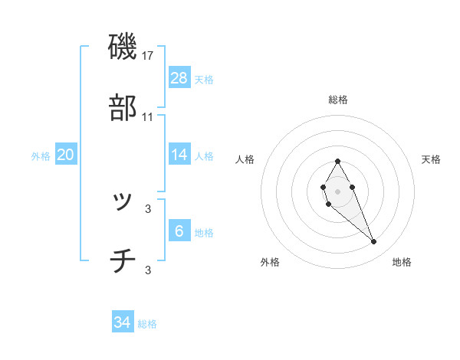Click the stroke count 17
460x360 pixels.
pyautogui.click(x=148, y=56)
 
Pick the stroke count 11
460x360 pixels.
pyautogui.click(x=148, y=116)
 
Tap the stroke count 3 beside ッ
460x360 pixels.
pyautogui.click(x=148, y=208)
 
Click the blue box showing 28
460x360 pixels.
pyautogui.click(x=179, y=78)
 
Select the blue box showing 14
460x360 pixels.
pyautogui.click(x=179, y=155)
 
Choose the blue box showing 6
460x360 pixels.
pyautogui.click(x=179, y=231)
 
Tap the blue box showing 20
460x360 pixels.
pyautogui.click(x=66, y=155)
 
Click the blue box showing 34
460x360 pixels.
pyautogui.click(x=123, y=322)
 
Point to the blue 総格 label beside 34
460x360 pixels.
pyautogui.click(x=147, y=324)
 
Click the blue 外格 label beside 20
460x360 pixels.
pyautogui.click(x=41, y=156)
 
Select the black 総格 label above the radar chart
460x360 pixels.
pyautogui.click(x=338, y=100)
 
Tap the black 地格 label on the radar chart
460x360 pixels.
pyautogui.click(x=402, y=262)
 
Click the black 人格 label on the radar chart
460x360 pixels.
pyautogui.click(x=245, y=159)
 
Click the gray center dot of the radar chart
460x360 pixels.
pyautogui.click(x=337, y=190)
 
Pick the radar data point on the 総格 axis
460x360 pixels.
pyautogui.click(x=337, y=161)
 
